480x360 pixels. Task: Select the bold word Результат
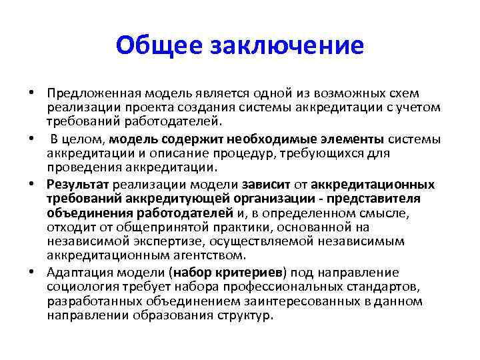point(78,183)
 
